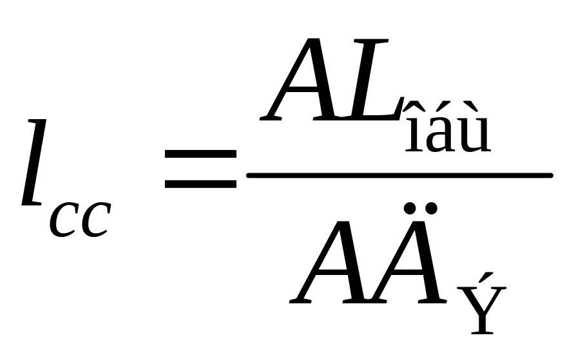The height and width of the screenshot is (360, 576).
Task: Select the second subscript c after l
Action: pyautogui.click(x=94, y=220)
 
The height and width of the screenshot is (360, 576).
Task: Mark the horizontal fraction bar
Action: pyautogui.click(x=399, y=175)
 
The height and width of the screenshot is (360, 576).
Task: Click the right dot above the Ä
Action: pyautogui.click(x=432, y=207)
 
